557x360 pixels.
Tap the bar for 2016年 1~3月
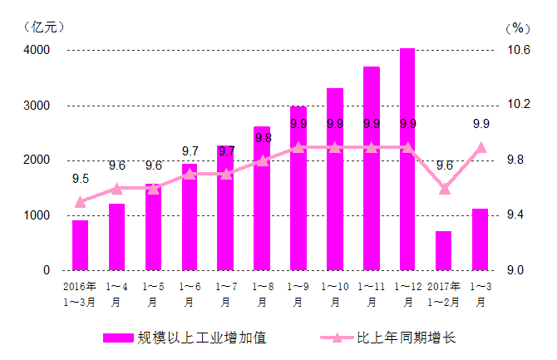(x=80, y=245)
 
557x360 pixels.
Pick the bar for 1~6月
(x=190, y=217)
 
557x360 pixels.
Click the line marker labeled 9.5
(x=80, y=202)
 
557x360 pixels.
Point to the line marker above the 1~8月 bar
(x=262, y=160)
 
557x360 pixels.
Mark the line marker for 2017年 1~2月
(x=444, y=189)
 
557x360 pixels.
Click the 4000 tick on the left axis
(x=36, y=50)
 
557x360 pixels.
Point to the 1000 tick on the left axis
(x=36, y=215)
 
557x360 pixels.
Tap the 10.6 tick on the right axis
(x=518, y=50)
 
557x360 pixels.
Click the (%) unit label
(x=517, y=27)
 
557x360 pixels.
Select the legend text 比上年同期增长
(x=406, y=338)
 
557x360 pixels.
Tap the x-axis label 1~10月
(x=334, y=294)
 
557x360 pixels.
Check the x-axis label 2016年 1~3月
(x=80, y=294)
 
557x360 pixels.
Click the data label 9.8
(x=263, y=138)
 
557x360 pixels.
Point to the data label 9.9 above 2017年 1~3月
(x=481, y=124)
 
